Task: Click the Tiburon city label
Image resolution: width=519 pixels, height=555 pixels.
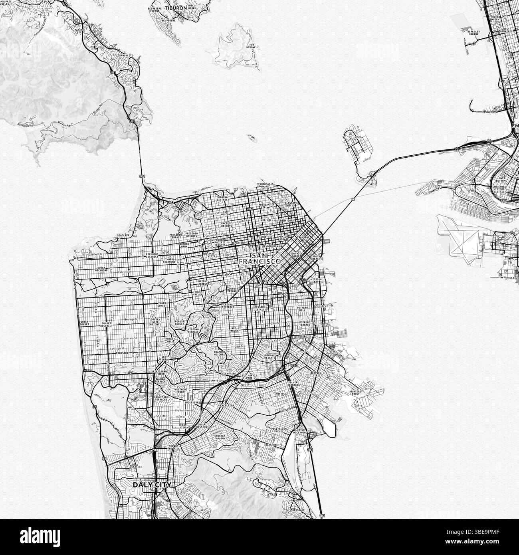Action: pyautogui.click(x=176, y=8)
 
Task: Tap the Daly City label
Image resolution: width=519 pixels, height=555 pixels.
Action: pyautogui.click(x=152, y=485)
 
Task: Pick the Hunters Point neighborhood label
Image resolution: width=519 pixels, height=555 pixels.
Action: pyautogui.click(x=355, y=393)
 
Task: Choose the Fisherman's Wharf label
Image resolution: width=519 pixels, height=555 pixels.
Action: pyautogui.click(x=267, y=185)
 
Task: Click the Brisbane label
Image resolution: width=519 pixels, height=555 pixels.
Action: pyautogui.click(x=298, y=510)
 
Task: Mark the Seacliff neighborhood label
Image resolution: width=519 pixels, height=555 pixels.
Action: pyautogui.click(x=123, y=236)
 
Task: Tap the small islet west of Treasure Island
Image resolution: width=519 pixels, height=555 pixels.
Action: pyautogui.click(x=252, y=138)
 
